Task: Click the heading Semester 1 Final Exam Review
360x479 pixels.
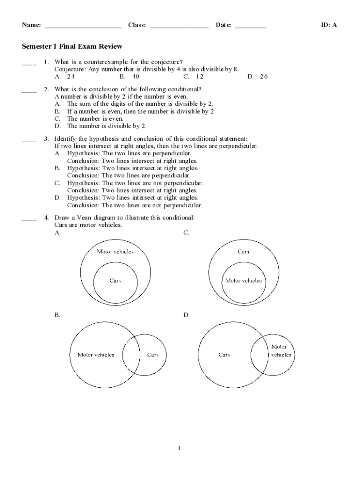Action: point(72,46)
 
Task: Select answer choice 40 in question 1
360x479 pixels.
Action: point(135,76)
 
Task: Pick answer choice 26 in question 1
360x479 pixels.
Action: point(263,76)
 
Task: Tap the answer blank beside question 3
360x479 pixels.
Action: point(29,139)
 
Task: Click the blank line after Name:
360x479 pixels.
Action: point(83,26)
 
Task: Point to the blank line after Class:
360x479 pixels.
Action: point(179,26)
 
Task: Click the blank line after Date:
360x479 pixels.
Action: point(251,26)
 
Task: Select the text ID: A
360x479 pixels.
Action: point(329,25)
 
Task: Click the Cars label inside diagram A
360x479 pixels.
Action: point(115,281)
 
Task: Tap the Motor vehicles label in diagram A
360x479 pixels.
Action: point(115,252)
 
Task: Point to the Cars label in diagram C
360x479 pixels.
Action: point(243,252)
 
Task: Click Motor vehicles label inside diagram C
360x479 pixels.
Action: point(244,281)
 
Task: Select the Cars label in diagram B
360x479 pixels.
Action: point(153,355)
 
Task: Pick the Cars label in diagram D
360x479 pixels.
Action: point(224,355)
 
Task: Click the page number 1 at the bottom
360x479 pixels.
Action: point(179,448)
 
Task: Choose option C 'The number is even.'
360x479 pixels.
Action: point(95,119)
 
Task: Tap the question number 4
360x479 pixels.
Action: point(47,218)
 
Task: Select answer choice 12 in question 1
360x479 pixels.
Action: point(200,76)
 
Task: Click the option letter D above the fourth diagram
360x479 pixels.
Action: point(186,315)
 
